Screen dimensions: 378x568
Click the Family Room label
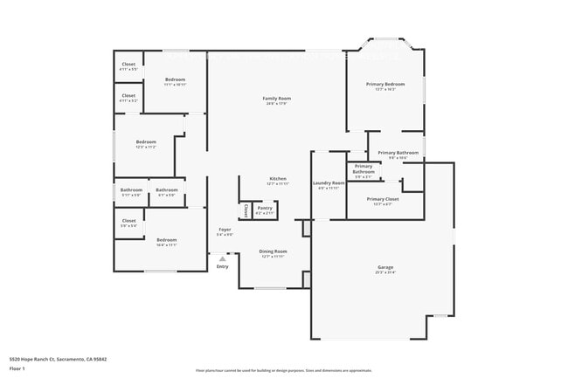click(x=277, y=99)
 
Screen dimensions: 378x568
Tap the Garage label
click(x=385, y=269)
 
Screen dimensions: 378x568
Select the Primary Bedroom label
click(x=385, y=85)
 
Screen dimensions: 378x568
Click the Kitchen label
click(x=277, y=180)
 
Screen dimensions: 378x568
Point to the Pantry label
click(x=265, y=208)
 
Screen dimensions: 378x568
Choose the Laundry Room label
click(x=329, y=183)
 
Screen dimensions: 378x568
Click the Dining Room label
click(x=273, y=251)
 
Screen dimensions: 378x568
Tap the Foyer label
click(x=225, y=230)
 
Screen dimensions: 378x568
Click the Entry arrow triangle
click(x=223, y=258)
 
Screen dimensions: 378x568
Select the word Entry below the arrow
click(x=223, y=266)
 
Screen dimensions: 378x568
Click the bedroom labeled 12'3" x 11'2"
click(x=146, y=142)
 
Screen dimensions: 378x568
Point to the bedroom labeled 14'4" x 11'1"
click(x=166, y=240)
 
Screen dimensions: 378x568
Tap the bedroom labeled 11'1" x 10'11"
click(x=175, y=80)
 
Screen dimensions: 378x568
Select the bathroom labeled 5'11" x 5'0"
click(x=131, y=190)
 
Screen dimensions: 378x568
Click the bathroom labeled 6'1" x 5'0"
click(x=167, y=190)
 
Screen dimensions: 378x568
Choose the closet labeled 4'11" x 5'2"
click(x=128, y=96)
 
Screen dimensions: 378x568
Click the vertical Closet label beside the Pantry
click(x=246, y=210)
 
